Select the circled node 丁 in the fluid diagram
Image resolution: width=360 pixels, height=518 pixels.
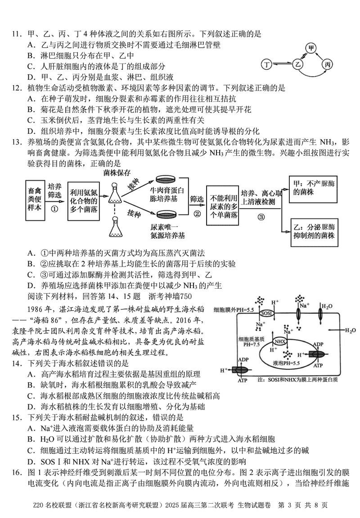(268, 65)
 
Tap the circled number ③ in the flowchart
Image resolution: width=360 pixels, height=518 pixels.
(261, 216)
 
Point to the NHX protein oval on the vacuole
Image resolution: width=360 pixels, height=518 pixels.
(280, 341)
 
